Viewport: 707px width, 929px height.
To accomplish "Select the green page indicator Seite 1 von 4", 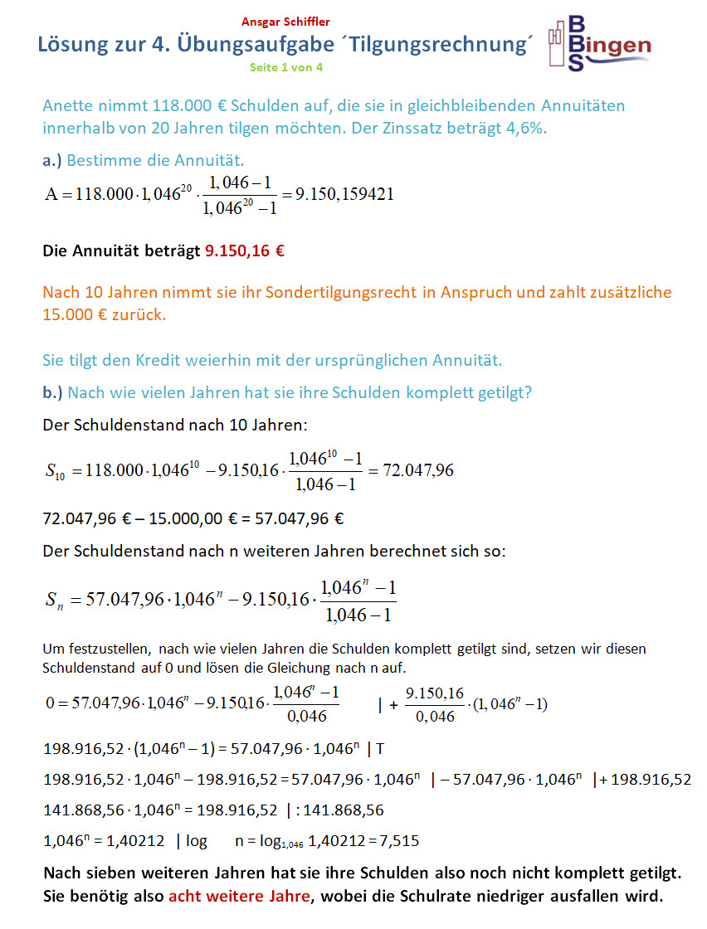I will click(x=286, y=67).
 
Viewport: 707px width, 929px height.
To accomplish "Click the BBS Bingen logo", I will click(x=599, y=46).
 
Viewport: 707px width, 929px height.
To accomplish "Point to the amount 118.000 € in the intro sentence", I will click(x=191, y=106).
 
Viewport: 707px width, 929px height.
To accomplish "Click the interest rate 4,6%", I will click(x=529, y=129).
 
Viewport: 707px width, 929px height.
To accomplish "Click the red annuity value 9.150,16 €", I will click(x=245, y=250).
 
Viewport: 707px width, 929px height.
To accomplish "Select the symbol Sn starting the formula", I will click(x=56, y=601).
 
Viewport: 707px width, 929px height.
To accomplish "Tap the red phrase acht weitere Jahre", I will click(x=239, y=897).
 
